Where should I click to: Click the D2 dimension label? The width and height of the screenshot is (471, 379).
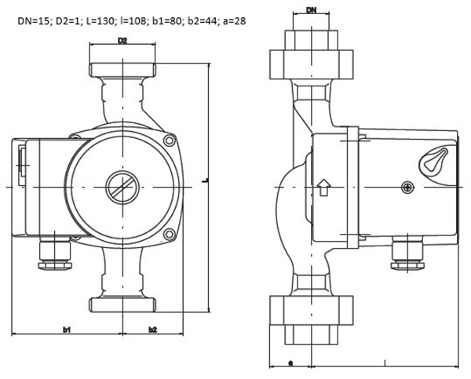click(x=122, y=41)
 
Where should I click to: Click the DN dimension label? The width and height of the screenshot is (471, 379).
click(x=312, y=10)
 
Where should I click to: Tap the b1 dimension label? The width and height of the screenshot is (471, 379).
click(x=67, y=330)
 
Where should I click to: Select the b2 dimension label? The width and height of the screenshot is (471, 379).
click(x=153, y=330)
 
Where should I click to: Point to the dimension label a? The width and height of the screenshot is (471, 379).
click(x=290, y=363)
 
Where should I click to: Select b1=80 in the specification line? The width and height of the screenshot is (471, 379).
click(x=168, y=21)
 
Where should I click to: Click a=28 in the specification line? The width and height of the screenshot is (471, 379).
click(x=234, y=21)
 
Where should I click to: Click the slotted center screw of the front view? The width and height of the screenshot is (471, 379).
click(x=122, y=188)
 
